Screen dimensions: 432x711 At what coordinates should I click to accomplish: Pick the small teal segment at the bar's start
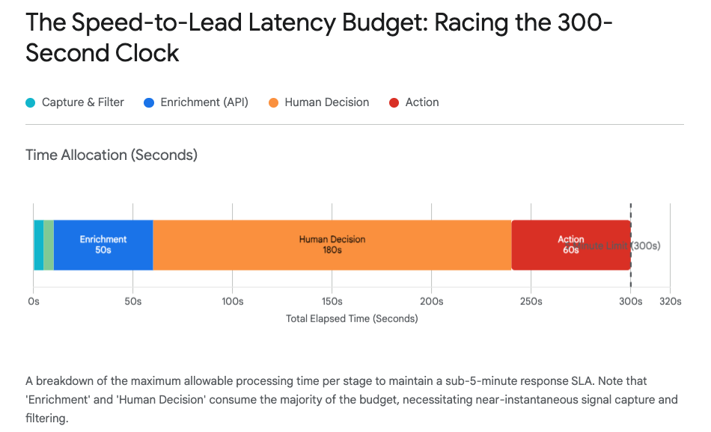point(38,245)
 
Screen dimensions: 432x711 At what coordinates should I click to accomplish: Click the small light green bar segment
point(49,245)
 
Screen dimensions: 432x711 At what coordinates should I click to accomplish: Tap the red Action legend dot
point(394,102)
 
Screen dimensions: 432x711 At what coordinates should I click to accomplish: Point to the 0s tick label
point(34,301)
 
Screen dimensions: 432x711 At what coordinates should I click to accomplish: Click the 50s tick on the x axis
point(132,301)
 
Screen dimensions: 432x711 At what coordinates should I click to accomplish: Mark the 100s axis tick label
point(232,301)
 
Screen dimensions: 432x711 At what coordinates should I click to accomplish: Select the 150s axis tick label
point(332,301)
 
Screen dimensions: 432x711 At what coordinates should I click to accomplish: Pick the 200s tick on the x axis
point(431,301)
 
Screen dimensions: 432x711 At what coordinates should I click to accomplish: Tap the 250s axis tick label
point(531,301)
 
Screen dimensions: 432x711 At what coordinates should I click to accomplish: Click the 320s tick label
point(670,301)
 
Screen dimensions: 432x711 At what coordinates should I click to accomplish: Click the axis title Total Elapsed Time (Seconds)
point(352,318)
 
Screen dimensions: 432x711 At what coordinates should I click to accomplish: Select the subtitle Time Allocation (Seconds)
point(112,155)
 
